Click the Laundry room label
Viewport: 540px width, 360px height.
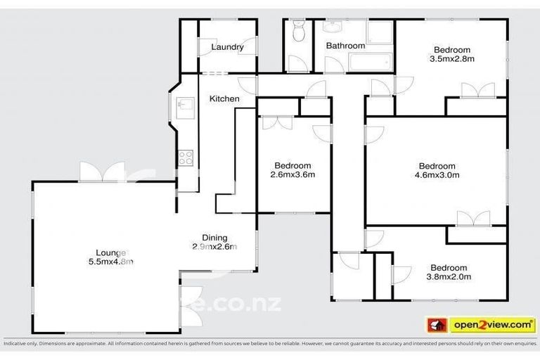coord(227,48)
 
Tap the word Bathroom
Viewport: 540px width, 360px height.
coord(345,46)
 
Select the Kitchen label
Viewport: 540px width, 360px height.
coord(224,99)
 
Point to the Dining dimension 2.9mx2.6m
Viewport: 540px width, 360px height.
coord(214,247)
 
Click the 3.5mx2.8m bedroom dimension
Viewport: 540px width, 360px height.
coord(451,59)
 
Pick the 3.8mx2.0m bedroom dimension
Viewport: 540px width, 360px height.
coord(449,277)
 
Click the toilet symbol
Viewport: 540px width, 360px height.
coord(298,32)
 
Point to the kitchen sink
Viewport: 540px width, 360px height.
coord(186,105)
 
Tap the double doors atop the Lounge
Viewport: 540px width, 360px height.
coord(102,172)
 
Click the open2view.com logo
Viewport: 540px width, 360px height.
coord(482,324)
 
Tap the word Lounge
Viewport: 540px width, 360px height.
coord(111,252)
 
